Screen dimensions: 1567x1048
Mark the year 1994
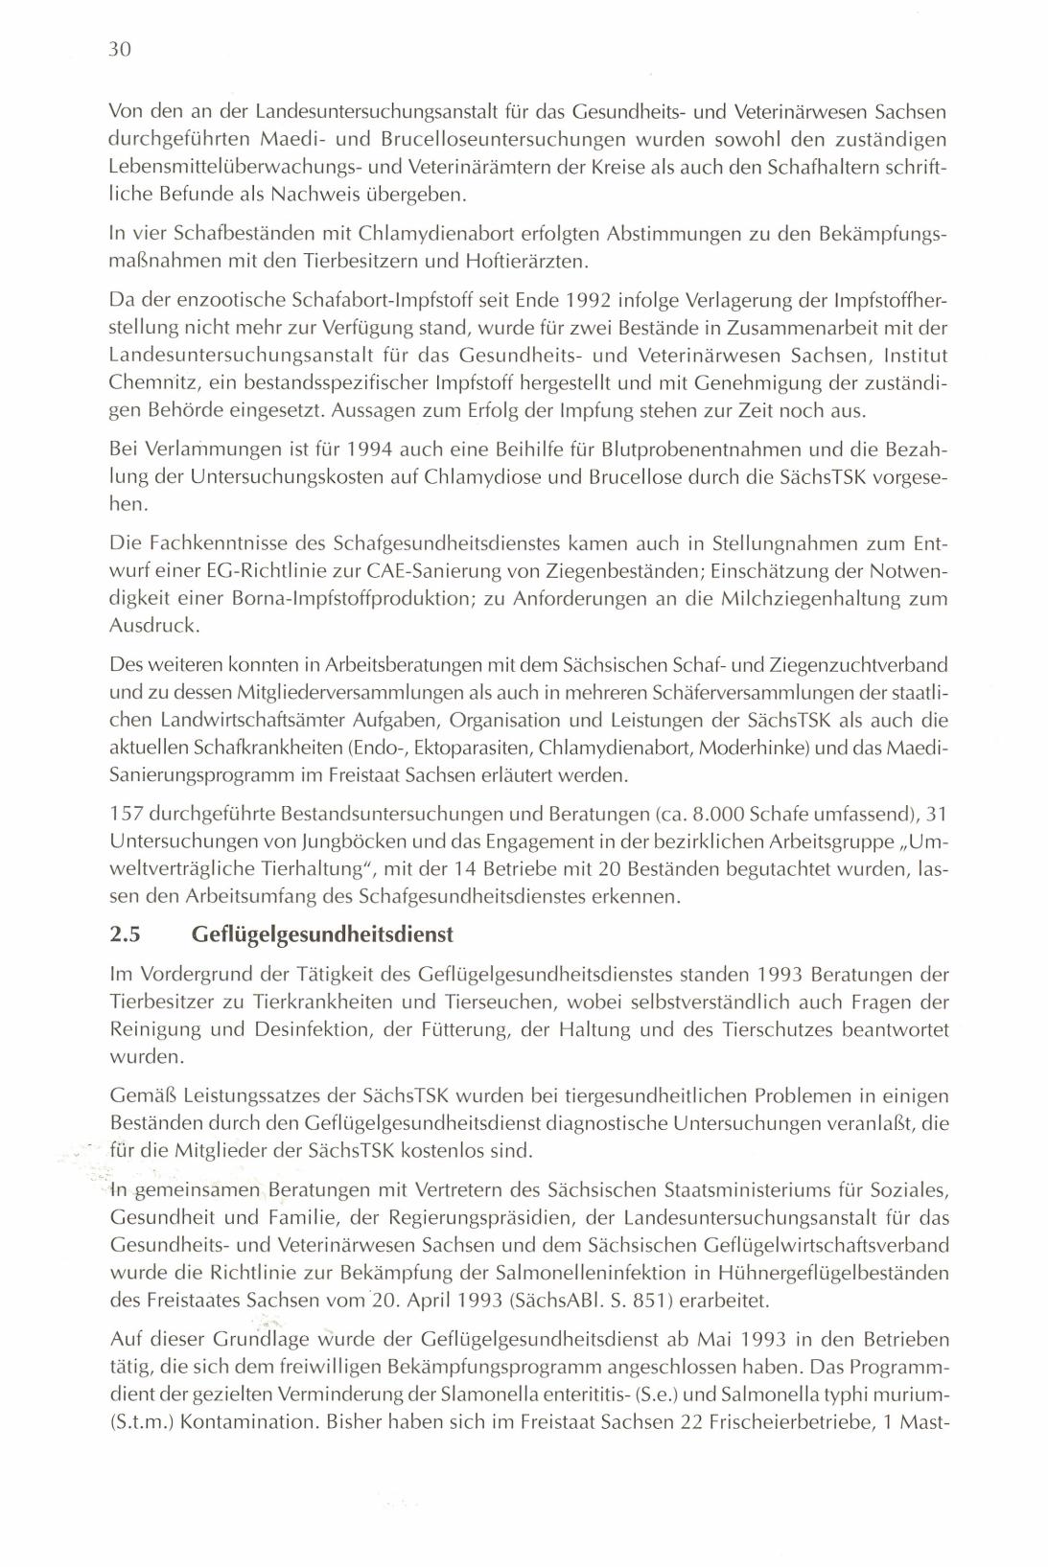(368, 449)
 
